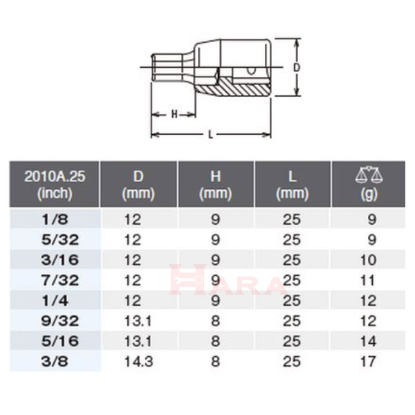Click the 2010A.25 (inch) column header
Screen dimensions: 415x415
(55, 185)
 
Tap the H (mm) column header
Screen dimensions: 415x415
(215, 185)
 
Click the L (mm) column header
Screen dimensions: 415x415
(292, 185)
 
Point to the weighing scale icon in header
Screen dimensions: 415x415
(369, 176)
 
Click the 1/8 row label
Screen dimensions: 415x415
(55, 220)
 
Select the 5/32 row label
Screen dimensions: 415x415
(55, 240)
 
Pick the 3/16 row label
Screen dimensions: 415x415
(55, 260)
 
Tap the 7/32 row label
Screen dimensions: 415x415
(55, 280)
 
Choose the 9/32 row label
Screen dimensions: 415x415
(55, 320)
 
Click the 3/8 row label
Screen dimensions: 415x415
(55, 360)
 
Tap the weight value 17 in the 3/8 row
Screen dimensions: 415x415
(369, 360)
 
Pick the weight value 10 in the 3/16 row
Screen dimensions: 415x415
(369, 260)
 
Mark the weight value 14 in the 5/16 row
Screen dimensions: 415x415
(369, 340)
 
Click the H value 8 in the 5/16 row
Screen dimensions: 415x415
(215, 340)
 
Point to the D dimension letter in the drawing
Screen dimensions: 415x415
(297, 68)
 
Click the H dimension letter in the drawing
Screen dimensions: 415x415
(174, 114)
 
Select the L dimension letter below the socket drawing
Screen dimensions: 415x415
(210, 134)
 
